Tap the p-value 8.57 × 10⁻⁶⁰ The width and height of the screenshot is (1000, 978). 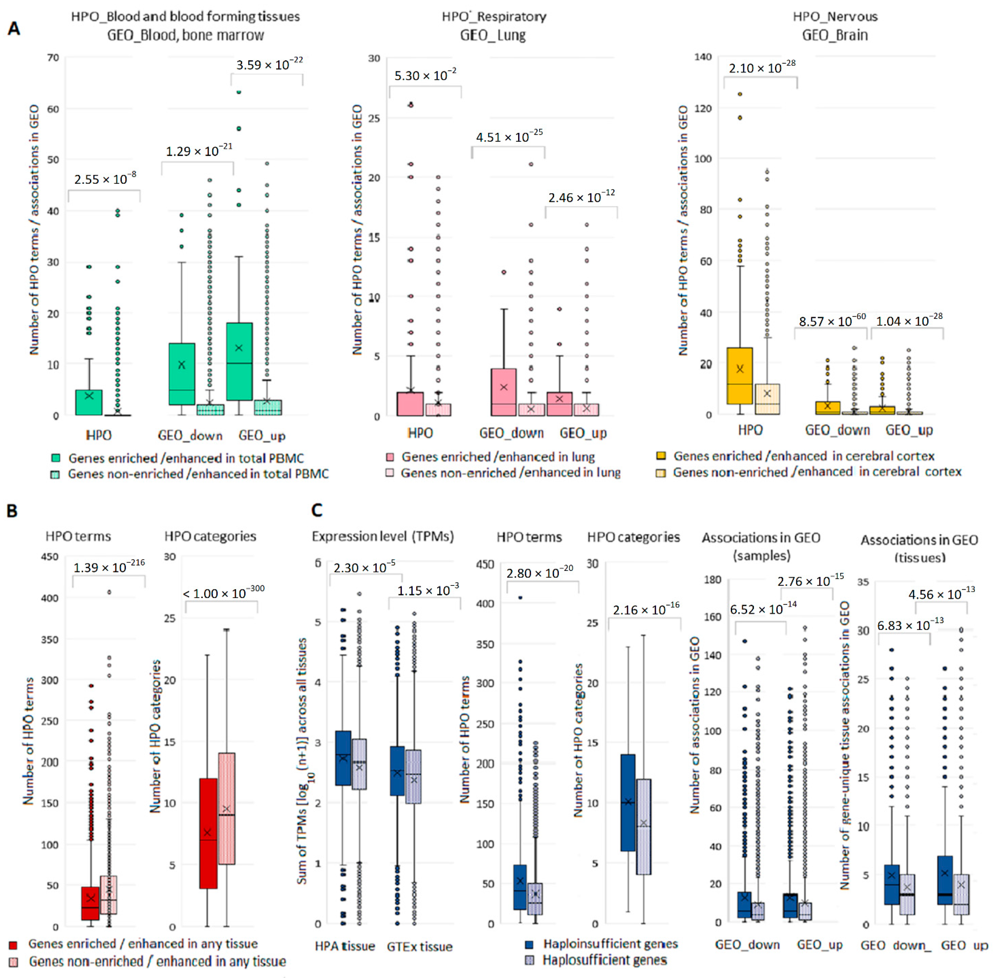pos(832,321)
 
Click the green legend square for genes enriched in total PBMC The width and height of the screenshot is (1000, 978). pos(56,458)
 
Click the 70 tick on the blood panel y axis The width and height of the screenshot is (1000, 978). pos(53,58)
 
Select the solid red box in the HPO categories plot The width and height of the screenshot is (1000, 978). pos(208,833)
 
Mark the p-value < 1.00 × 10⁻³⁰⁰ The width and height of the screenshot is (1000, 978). pos(224,593)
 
